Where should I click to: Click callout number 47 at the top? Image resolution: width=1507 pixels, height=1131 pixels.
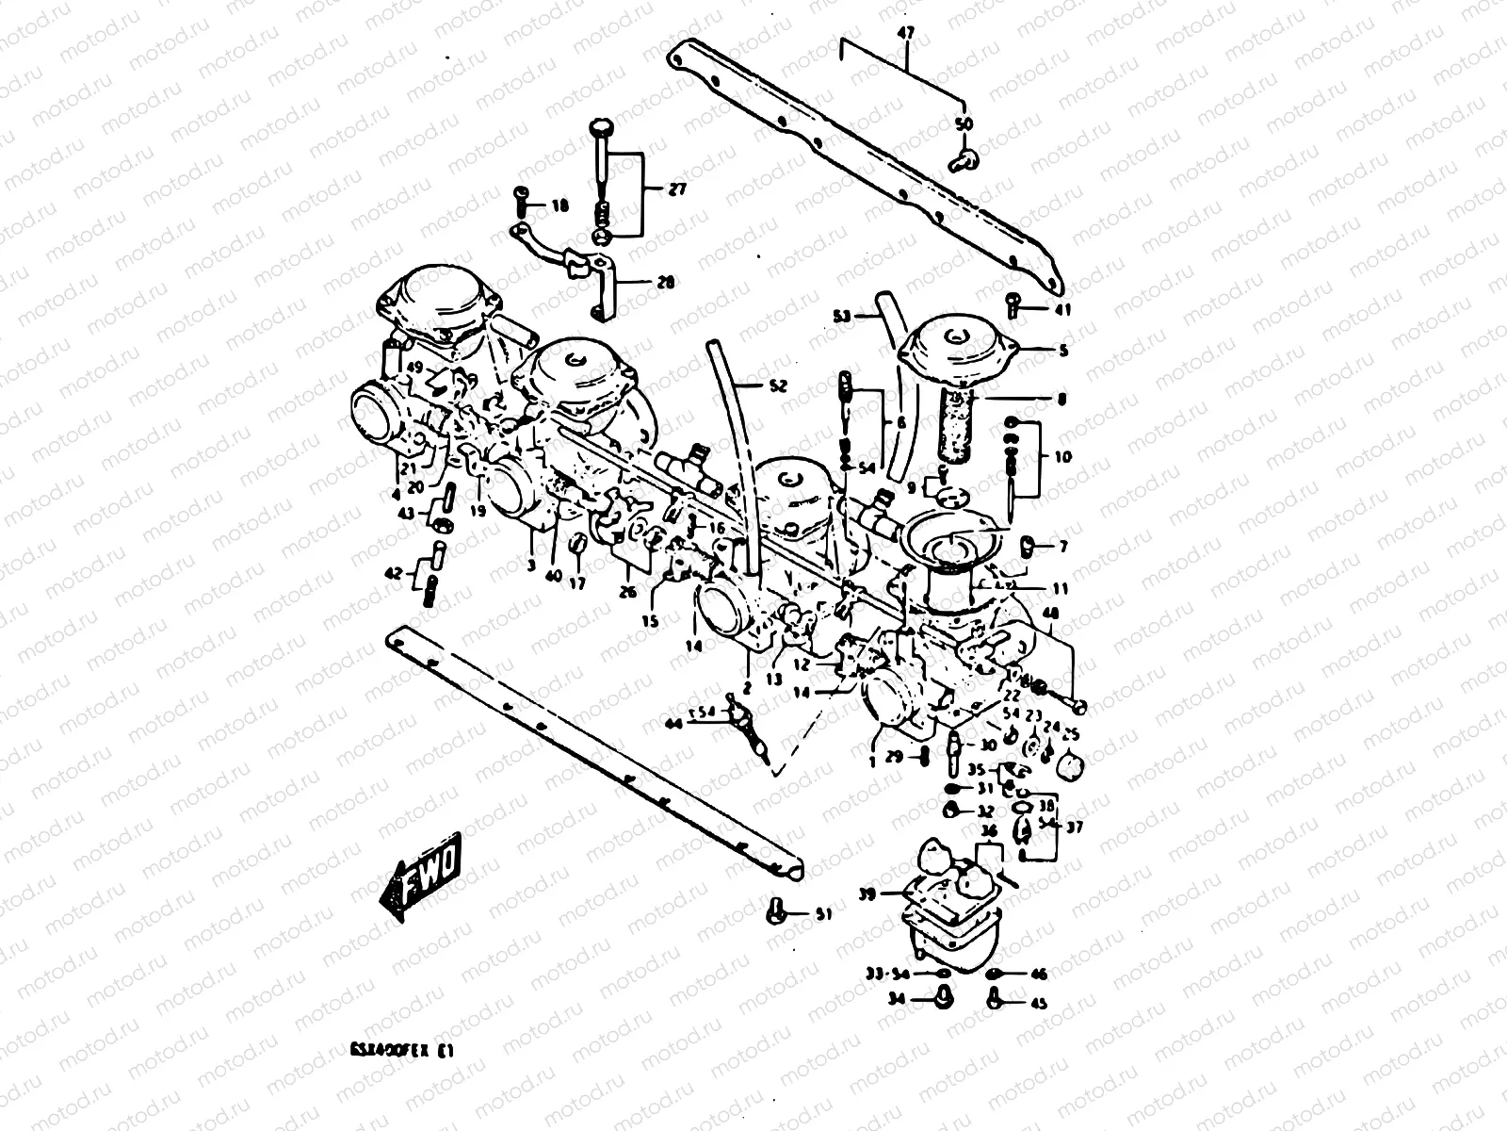click(x=905, y=34)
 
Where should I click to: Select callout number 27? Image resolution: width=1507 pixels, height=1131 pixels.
click(x=677, y=189)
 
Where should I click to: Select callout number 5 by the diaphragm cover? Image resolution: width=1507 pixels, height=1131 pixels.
click(x=1064, y=352)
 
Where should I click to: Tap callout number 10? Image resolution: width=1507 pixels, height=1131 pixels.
click(x=1063, y=457)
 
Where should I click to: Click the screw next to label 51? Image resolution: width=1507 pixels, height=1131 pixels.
click(x=775, y=910)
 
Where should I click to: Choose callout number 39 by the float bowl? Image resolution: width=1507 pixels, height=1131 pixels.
click(x=866, y=893)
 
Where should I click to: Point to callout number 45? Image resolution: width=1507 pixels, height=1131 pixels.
click(x=1039, y=1004)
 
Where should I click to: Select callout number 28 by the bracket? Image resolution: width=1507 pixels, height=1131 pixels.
click(x=666, y=282)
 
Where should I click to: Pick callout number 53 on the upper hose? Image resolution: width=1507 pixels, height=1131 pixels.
click(x=843, y=316)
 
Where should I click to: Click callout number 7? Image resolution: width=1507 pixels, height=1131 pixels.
click(x=1063, y=547)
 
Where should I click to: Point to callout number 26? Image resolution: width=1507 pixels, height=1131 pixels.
click(x=628, y=592)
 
